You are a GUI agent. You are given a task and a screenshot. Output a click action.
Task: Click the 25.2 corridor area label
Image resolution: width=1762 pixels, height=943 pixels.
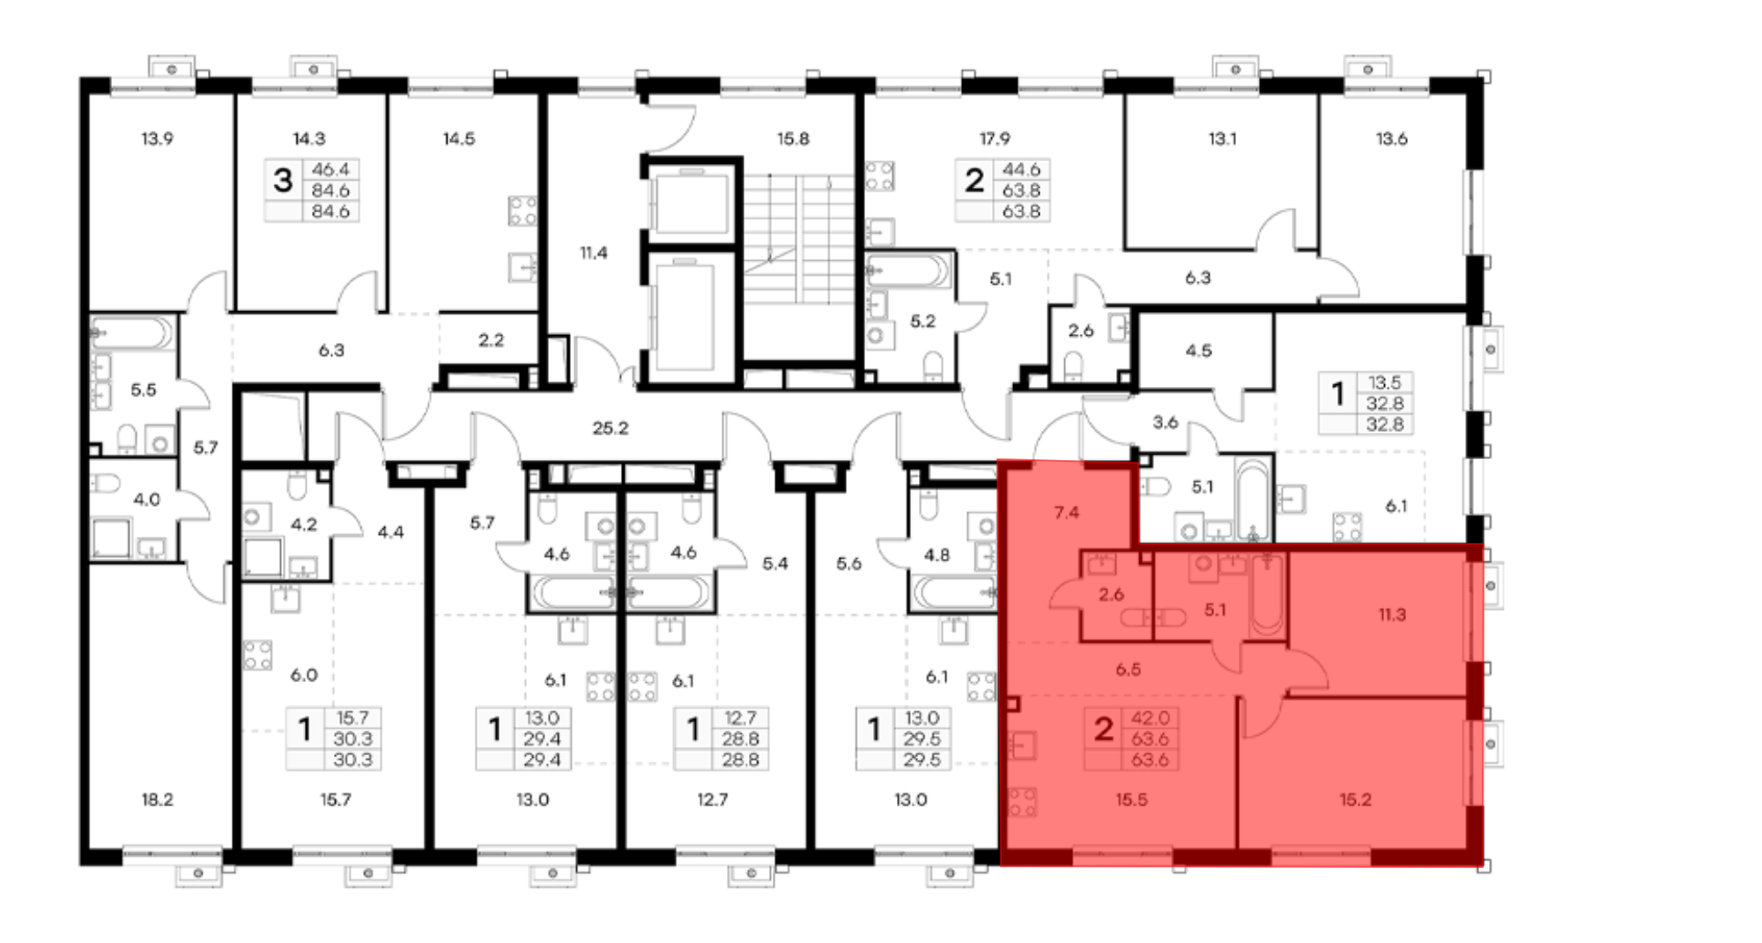click(611, 428)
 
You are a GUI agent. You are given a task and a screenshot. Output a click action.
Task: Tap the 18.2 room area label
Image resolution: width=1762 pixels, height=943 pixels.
click(157, 799)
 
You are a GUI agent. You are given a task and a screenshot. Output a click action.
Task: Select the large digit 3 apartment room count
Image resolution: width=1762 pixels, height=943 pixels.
click(282, 180)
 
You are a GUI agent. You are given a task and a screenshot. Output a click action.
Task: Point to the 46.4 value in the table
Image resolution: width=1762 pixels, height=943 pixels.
click(330, 169)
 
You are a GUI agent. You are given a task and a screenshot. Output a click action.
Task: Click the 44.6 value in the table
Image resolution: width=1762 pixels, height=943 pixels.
click(1021, 169)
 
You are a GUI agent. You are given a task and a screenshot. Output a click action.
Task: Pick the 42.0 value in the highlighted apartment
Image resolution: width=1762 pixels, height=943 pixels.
click(1150, 718)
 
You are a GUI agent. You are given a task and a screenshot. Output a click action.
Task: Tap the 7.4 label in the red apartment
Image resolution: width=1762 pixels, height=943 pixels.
click(1066, 512)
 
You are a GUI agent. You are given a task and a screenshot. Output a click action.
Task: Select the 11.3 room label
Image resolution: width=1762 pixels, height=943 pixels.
click(1392, 615)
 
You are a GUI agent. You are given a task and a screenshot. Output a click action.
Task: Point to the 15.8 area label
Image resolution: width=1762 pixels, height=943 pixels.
click(793, 138)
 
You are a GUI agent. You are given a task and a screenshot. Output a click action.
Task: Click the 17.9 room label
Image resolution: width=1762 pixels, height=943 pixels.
click(995, 138)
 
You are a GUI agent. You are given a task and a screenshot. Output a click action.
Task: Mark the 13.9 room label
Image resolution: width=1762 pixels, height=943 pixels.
click(157, 138)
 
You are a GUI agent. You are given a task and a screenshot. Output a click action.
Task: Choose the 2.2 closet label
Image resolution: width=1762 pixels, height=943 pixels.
click(491, 340)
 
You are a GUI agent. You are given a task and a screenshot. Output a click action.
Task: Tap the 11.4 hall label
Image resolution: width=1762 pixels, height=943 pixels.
click(593, 253)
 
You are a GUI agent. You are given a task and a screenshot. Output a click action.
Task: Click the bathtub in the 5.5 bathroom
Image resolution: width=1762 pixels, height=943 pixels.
click(131, 333)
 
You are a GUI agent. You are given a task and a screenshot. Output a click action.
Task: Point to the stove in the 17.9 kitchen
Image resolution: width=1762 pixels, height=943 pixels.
click(879, 175)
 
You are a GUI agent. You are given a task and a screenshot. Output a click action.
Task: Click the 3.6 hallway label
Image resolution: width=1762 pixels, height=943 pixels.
click(1165, 422)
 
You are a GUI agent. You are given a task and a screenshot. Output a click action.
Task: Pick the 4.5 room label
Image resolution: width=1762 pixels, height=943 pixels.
click(1198, 351)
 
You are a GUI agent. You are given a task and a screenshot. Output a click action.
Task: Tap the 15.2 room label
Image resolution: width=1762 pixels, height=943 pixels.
click(1355, 799)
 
